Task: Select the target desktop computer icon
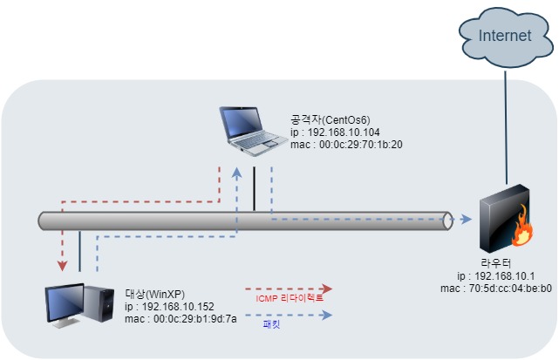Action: (x=79, y=304)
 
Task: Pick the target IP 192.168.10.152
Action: (x=169, y=306)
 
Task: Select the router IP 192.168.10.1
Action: (x=495, y=275)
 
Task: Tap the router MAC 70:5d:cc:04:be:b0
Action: (x=495, y=288)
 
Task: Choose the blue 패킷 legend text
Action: (x=272, y=324)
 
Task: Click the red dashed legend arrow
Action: (x=289, y=288)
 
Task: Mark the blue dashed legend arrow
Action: (x=289, y=315)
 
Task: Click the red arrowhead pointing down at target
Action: (x=62, y=263)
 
